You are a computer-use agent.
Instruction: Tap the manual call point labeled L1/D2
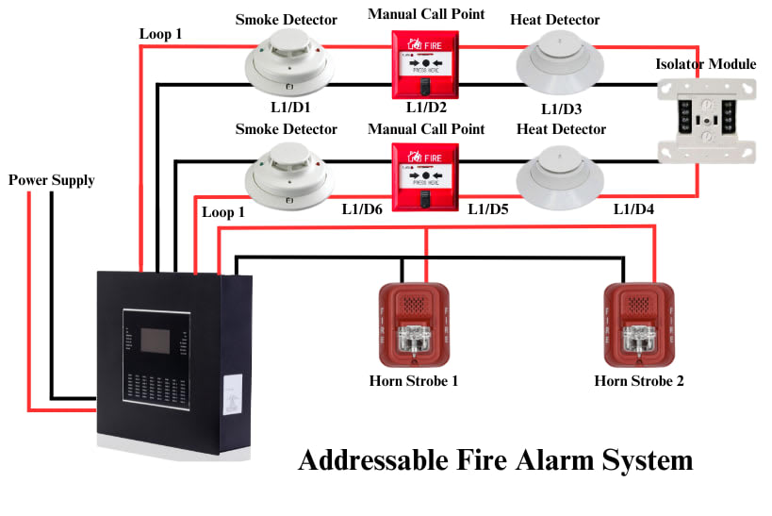tap(425, 64)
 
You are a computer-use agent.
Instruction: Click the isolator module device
tap(706, 120)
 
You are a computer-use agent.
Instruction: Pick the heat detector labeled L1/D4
tap(561, 174)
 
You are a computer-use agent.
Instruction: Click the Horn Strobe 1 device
tap(413, 324)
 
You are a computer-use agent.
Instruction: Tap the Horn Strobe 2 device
tap(638, 324)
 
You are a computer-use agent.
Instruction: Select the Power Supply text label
tap(51, 180)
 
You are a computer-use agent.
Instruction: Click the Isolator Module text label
tap(705, 64)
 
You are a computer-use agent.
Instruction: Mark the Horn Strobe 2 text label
tap(638, 381)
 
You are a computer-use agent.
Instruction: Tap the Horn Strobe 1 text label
tap(413, 381)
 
